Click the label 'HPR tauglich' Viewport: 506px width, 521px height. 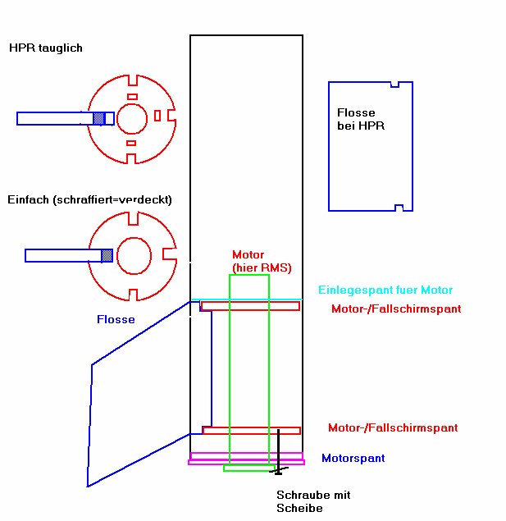pos(46,48)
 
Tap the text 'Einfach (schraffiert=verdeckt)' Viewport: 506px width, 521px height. pos(90,200)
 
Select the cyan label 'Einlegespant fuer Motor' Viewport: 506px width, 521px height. pos(385,290)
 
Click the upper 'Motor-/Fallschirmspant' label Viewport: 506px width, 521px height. pos(396,309)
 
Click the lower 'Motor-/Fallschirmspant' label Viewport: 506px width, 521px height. pos(393,428)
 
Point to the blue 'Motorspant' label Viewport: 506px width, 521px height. pos(353,459)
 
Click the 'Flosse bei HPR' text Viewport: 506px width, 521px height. pos(361,120)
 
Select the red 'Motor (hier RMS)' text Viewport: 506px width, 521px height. pos(261,262)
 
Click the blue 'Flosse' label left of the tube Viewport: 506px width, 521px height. pos(116,320)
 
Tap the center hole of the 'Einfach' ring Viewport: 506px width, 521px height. pos(132,254)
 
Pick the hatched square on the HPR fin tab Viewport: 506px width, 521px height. pos(99,119)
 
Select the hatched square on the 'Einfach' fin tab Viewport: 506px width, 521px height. pos(107,255)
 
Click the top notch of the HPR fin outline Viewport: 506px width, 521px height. pos(394,84)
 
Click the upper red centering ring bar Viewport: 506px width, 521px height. pos(250,306)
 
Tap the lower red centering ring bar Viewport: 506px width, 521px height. pos(251,430)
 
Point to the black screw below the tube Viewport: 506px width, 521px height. pos(278,451)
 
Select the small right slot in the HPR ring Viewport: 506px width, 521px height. pos(157,116)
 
